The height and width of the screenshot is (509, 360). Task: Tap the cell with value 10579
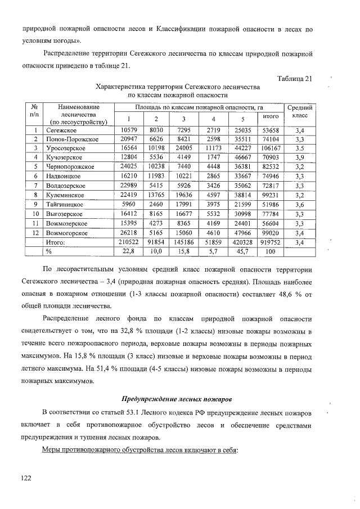[129, 130]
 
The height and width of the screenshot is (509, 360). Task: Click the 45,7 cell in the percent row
[242, 251]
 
